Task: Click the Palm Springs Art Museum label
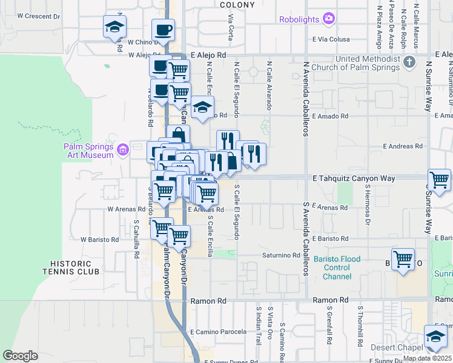coord(89,151)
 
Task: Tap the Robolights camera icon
coord(329,19)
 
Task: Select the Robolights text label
coord(300,19)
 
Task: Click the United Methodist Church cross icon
coord(409,62)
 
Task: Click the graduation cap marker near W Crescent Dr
coord(113,27)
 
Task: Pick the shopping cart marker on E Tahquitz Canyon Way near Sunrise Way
coord(439,180)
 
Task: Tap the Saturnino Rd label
coord(281,255)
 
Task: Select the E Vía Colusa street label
coord(332,39)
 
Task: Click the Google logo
coord(20,356)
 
